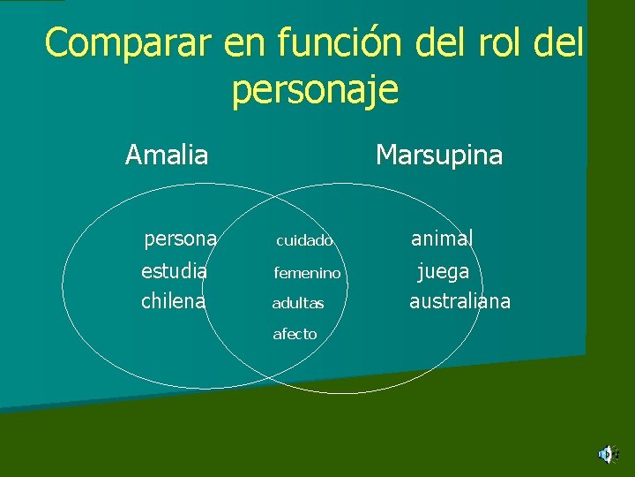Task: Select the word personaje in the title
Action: click(x=315, y=90)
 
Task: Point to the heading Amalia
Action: click(x=167, y=155)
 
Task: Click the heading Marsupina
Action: click(x=438, y=155)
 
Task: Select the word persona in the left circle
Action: click(x=181, y=238)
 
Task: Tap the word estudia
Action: click(x=175, y=270)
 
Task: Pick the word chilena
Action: click(x=174, y=301)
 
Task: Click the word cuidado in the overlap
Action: click(x=304, y=240)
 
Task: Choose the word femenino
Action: click(x=307, y=273)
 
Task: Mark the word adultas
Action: click(x=298, y=304)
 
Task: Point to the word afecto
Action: click(x=295, y=334)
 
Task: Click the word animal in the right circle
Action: click(x=442, y=238)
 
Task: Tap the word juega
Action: click(x=443, y=270)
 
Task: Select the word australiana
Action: click(x=459, y=301)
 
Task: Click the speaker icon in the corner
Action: click(x=607, y=455)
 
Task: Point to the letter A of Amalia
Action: click(x=134, y=155)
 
